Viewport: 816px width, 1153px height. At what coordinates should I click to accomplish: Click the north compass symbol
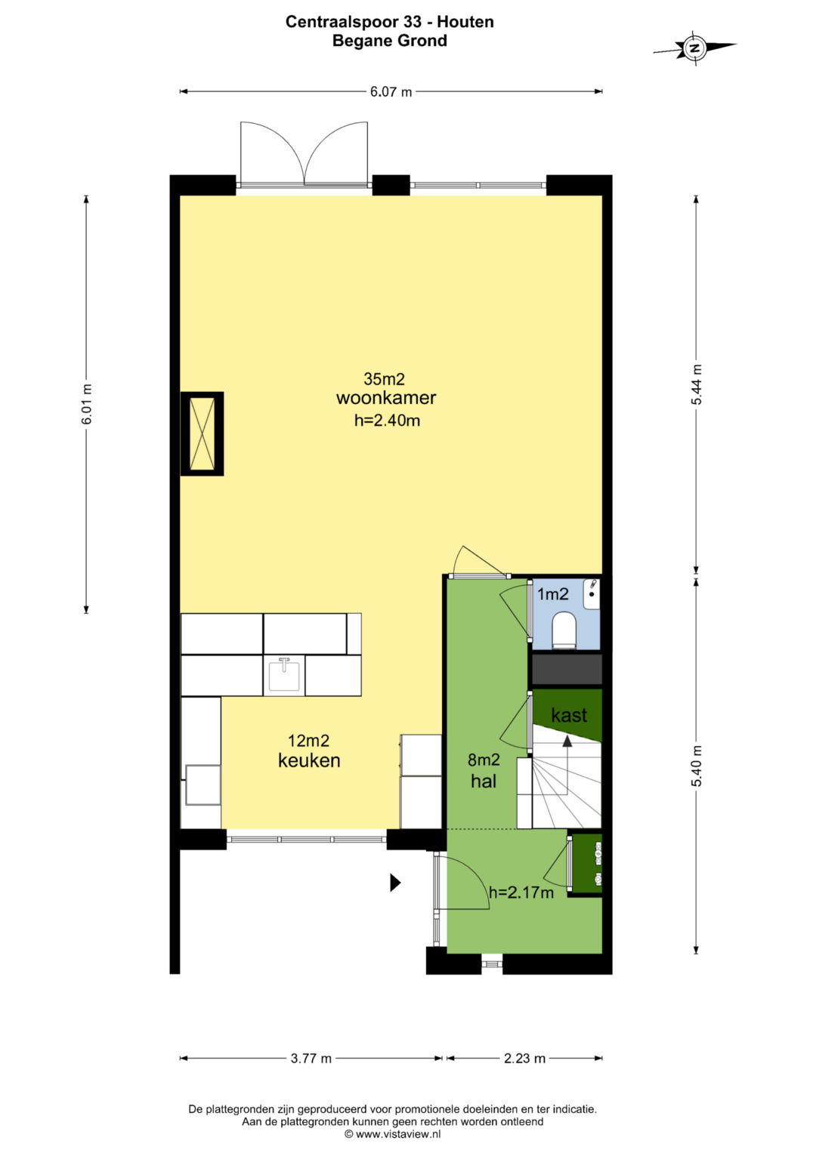click(695, 48)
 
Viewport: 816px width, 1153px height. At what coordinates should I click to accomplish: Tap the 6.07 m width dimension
click(391, 91)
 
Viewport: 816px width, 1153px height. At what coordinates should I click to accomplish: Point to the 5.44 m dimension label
click(697, 384)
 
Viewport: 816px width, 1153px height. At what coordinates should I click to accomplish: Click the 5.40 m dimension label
click(697, 766)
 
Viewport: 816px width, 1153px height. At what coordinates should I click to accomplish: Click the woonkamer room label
click(386, 398)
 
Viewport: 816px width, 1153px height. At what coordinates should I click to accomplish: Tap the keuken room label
click(309, 760)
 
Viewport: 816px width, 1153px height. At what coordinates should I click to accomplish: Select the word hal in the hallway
click(484, 782)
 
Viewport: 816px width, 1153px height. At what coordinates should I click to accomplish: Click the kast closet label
click(569, 715)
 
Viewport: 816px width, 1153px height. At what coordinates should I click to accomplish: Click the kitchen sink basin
click(284, 674)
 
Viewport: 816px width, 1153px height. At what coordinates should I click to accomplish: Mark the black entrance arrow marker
click(395, 883)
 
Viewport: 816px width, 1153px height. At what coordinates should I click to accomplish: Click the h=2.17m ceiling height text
click(521, 892)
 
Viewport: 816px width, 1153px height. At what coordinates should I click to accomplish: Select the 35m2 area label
click(385, 379)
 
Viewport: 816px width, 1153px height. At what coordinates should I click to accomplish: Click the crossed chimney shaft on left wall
click(202, 433)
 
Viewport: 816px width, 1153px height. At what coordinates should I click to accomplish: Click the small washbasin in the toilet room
click(592, 594)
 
